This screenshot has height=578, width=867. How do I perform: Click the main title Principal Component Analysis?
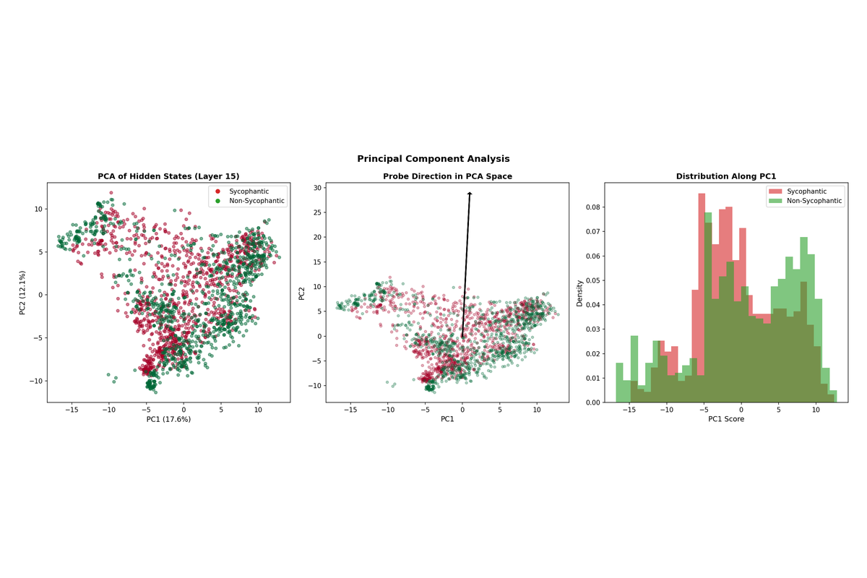coord(433,159)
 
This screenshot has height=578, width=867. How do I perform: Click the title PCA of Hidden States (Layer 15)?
coord(168,176)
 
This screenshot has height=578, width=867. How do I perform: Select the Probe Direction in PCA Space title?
coord(447,176)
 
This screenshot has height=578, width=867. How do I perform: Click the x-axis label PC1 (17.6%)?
coord(168,418)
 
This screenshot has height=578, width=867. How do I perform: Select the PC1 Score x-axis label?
coord(725,418)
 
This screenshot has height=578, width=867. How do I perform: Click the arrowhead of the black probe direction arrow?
coord(470,194)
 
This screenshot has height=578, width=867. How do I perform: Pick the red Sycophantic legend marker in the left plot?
coord(217,191)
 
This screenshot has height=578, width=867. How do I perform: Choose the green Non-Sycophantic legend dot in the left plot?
coord(217,201)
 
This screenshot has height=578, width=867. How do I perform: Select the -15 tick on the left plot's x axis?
coord(72,410)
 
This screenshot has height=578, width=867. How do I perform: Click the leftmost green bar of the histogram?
coord(619,382)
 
